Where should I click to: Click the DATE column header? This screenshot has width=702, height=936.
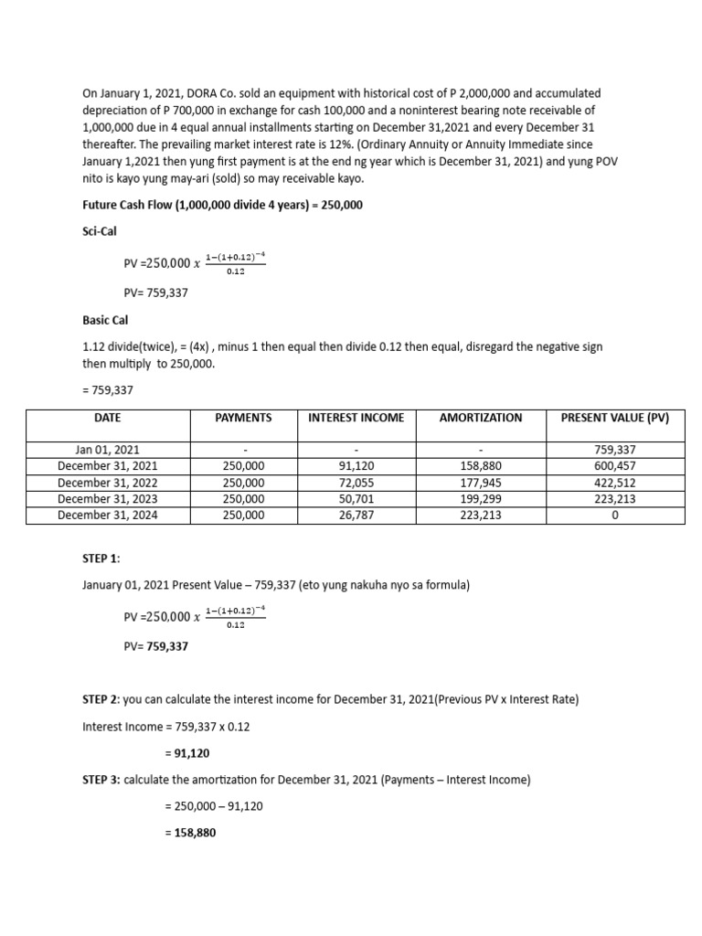click(107, 418)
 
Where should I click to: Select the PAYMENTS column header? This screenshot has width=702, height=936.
click(243, 418)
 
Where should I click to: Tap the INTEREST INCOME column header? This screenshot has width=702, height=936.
click(356, 418)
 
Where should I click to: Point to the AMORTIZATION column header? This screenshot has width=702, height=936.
click(481, 418)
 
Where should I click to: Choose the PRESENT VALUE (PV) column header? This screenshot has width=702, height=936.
click(614, 418)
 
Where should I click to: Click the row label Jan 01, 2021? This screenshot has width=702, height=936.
click(107, 450)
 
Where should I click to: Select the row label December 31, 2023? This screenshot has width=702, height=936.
click(107, 499)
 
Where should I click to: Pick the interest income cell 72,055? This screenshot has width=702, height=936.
click(356, 483)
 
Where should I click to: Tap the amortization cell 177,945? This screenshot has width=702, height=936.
click(481, 483)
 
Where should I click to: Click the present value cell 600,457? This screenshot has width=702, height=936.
click(614, 466)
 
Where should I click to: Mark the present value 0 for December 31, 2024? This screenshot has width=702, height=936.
click(614, 516)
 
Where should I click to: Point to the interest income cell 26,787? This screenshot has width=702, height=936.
click(356, 516)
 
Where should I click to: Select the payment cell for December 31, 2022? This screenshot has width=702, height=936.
click(243, 483)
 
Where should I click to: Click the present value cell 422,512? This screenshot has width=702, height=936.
click(614, 483)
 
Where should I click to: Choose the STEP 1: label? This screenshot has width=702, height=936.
click(101, 558)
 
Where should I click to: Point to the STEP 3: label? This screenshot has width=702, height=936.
click(101, 780)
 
